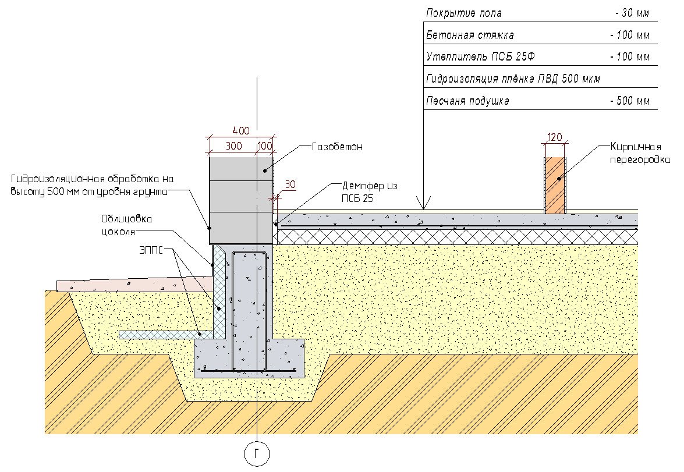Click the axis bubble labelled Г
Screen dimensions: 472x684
(x=256, y=454)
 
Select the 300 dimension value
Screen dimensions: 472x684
(x=233, y=145)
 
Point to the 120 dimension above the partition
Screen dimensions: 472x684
(x=555, y=137)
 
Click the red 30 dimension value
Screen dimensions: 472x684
(x=289, y=185)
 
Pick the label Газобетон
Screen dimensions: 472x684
(x=337, y=147)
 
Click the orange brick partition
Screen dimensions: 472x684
(x=555, y=185)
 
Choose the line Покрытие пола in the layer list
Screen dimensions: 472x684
(x=463, y=13)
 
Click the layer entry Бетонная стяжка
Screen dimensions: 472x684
(x=470, y=35)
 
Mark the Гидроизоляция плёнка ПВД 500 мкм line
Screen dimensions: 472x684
(x=513, y=79)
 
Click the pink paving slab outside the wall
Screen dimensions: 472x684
(x=134, y=285)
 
